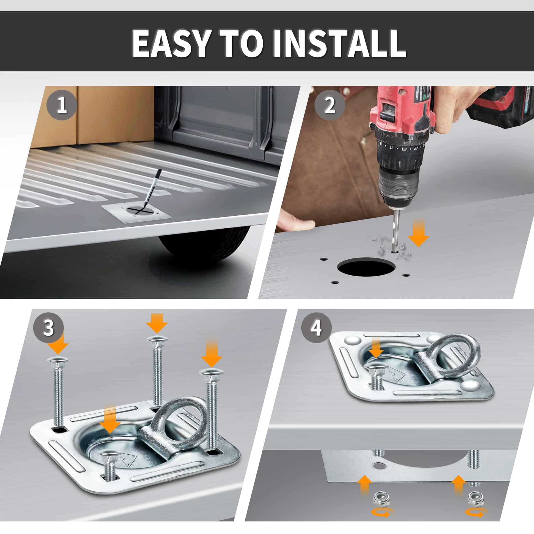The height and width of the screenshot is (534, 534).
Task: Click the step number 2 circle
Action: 330,105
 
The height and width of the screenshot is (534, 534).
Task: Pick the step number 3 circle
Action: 49,328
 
